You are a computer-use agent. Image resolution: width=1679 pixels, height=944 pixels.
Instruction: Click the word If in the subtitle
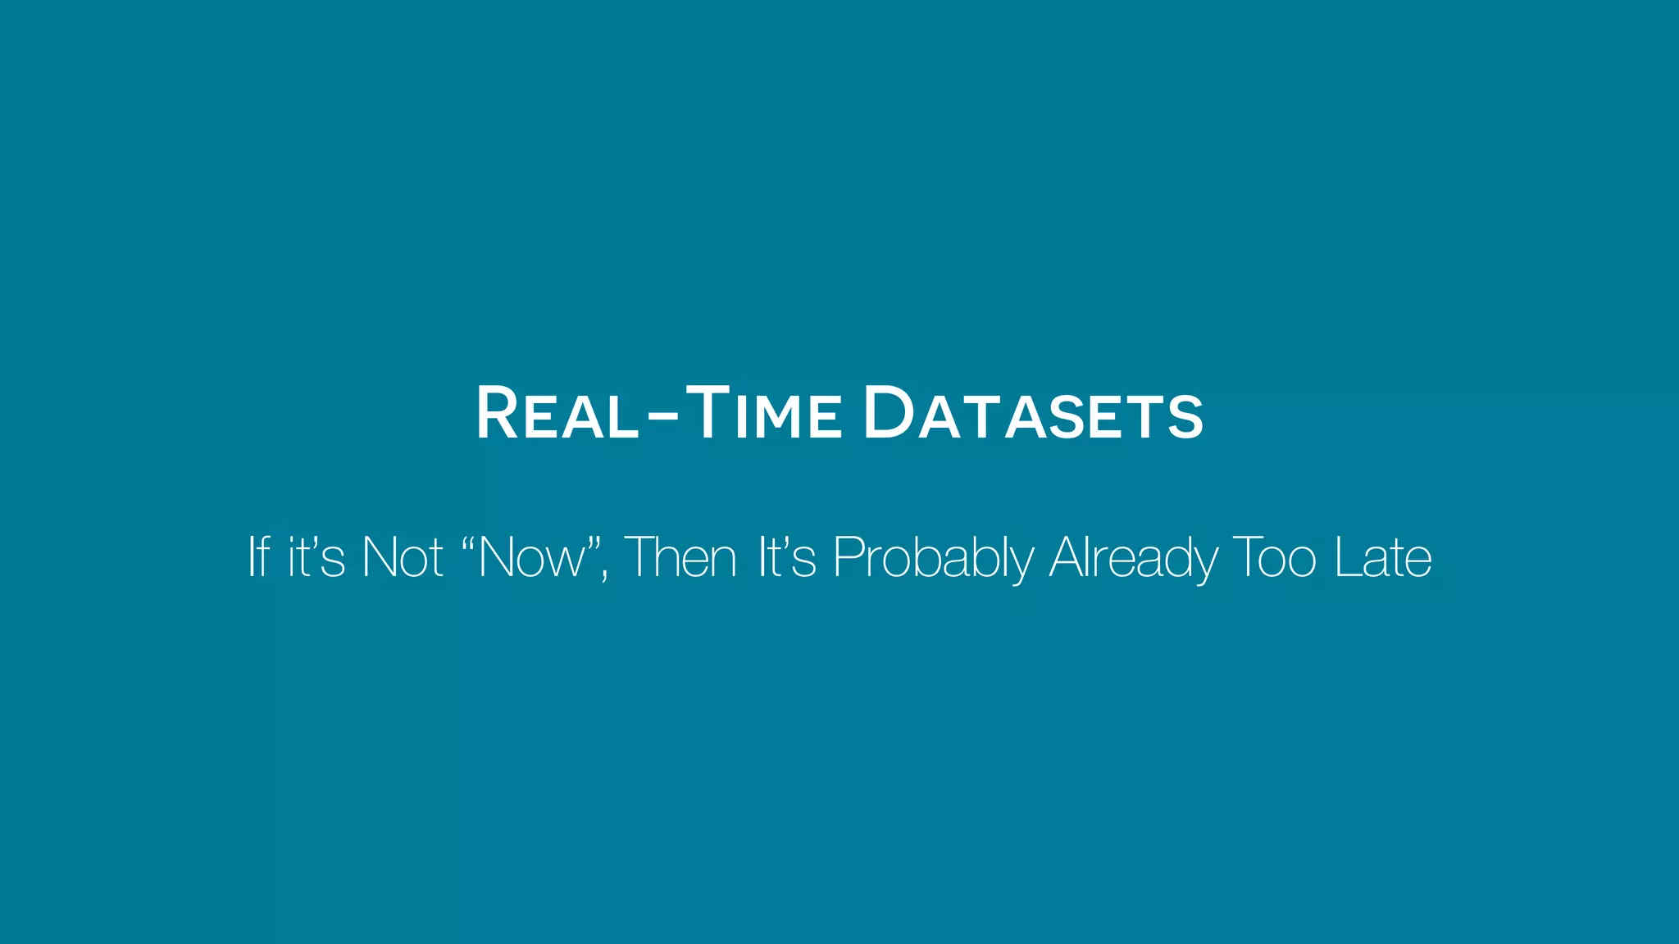259,557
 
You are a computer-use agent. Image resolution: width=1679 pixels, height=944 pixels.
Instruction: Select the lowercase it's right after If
316,557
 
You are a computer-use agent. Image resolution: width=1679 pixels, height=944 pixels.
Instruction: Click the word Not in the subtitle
403,557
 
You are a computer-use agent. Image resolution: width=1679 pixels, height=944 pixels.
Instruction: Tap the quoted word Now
534,558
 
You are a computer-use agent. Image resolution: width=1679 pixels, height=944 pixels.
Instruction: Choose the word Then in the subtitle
680,557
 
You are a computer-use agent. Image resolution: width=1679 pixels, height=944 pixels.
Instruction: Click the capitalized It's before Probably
787,557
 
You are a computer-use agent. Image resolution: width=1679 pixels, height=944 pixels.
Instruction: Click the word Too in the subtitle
1275,557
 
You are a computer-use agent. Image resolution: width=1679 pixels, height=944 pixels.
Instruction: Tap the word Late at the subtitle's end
1383,557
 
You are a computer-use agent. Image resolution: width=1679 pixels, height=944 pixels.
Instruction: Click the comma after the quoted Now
605,575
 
